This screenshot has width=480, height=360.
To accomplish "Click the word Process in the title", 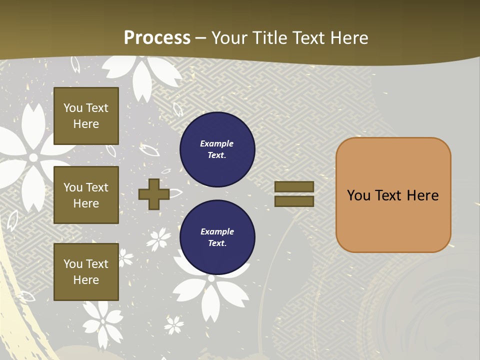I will (157, 38).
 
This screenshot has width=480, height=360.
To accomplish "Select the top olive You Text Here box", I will (86, 116).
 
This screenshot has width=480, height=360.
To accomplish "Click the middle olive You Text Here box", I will (86, 195).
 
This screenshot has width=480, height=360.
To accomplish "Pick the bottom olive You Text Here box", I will (86, 272).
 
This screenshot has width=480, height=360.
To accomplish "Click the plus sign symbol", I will (154, 194).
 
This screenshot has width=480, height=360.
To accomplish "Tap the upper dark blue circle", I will (217, 149).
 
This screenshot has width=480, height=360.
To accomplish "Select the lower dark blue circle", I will (217, 237).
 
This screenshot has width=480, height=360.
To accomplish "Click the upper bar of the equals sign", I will (294, 187).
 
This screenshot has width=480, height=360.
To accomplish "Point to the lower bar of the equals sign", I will (294, 201).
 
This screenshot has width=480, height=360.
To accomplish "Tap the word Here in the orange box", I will (422, 195).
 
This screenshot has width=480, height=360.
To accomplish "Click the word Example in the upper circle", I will (217, 143).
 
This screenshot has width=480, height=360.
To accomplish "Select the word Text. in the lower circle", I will (217, 243).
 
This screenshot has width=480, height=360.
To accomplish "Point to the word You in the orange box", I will (358, 195).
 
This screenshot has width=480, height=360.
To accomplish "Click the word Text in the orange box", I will (389, 195).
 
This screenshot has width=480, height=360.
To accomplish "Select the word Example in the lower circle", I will (217, 231).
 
